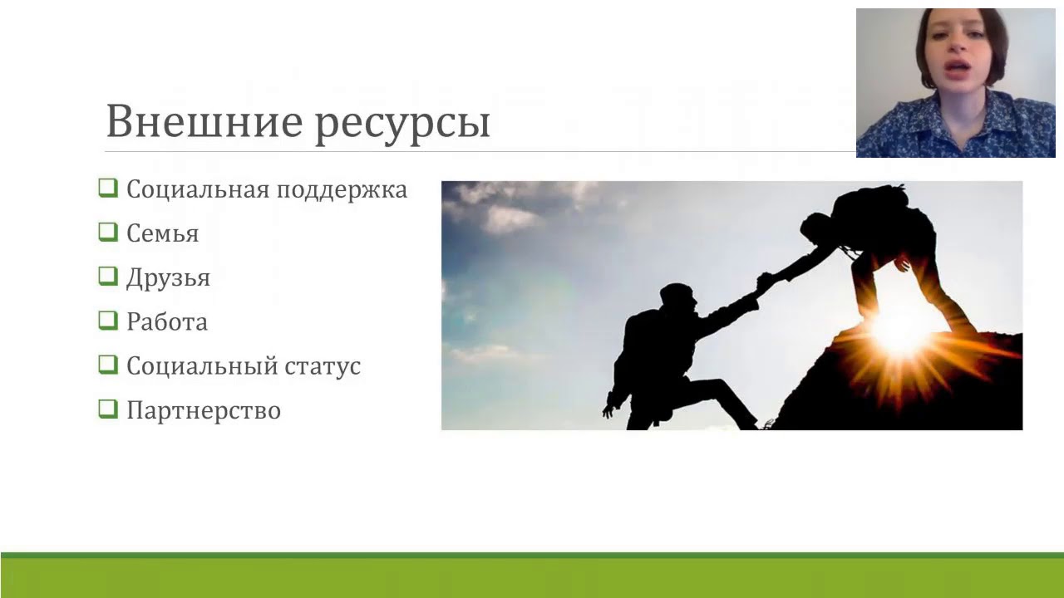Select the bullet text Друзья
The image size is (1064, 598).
[168, 278]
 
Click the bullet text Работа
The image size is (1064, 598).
[166, 321]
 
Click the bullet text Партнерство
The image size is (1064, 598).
[203, 410]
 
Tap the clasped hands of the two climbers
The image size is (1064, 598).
[763, 282]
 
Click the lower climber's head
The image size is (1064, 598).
[676, 297]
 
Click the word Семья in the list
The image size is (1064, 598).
[162, 234]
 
